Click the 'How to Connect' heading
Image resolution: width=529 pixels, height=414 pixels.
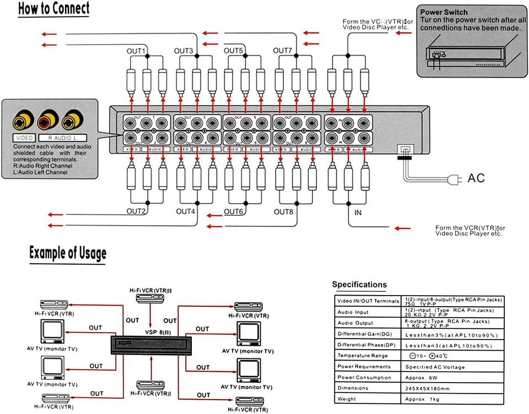tap(53, 10)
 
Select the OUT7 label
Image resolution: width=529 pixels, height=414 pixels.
tap(283, 51)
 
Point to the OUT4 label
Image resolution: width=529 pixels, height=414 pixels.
tap(186, 211)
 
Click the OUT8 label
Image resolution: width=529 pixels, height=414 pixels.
tap(283, 211)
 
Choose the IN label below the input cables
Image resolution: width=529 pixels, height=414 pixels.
tap(358, 211)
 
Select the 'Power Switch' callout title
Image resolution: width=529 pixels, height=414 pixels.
tap(444, 12)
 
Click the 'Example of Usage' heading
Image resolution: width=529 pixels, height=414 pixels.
tap(68, 254)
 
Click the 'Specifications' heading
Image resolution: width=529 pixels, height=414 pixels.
tap(359, 285)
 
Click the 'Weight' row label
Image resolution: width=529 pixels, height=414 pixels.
tap(347, 399)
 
